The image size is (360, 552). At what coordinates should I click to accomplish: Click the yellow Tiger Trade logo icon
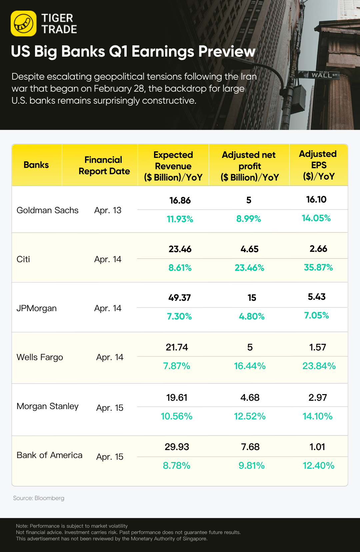(x=23, y=23)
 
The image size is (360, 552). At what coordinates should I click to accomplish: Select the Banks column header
(x=36, y=165)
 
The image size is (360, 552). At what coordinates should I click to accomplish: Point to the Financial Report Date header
(x=104, y=166)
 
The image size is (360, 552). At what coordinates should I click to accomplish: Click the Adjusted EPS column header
(x=318, y=165)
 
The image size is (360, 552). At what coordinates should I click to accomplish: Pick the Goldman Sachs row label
(x=47, y=210)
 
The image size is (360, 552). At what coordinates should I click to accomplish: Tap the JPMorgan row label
(x=36, y=308)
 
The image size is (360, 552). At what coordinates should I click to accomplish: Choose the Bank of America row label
(x=49, y=455)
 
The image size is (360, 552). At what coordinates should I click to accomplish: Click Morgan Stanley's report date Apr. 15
(x=110, y=408)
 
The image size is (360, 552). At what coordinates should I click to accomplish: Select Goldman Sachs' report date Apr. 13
(x=108, y=210)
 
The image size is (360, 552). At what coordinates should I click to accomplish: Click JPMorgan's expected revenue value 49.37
(x=180, y=297)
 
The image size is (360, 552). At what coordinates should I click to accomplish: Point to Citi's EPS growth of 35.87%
(x=318, y=268)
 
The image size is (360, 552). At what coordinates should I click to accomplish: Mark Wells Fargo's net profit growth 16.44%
(x=250, y=366)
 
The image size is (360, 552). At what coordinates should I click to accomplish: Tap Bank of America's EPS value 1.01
(x=317, y=447)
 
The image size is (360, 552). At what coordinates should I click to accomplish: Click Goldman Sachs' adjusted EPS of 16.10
(x=316, y=200)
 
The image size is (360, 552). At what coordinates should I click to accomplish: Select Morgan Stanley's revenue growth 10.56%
(x=176, y=416)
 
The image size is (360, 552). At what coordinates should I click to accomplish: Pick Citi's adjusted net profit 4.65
(x=249, y=249)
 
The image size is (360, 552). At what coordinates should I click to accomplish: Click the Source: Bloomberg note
(x=39, y=498)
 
